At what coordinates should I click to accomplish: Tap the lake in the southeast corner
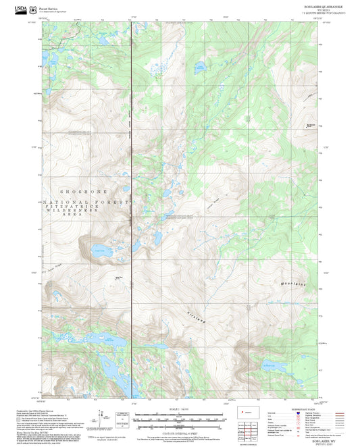pyautogui.click(x=277, y=367)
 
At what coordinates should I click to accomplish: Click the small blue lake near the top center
pyautogui.click(x=201, y=66)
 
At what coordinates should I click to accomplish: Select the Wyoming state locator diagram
pyautogui.click(x=247, y=411)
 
